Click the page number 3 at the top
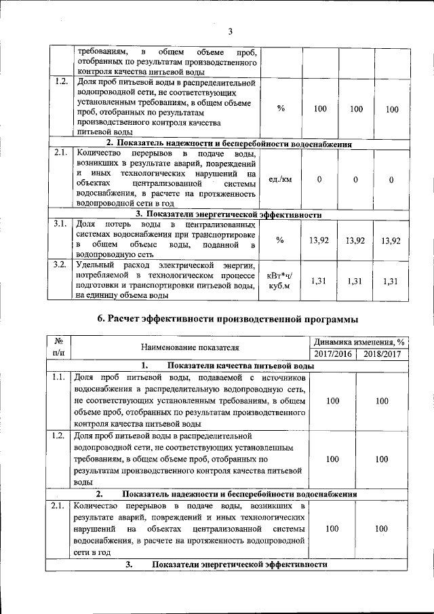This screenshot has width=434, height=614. tap(230, 31)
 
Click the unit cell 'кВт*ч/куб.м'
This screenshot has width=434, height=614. tap(281, 281)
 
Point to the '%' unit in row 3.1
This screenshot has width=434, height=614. tap(281, 240)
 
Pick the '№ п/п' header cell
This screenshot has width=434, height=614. tap(58, 347)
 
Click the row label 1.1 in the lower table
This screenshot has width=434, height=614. tap(58, 377)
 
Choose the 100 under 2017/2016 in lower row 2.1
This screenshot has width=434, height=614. tap(333, 529)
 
